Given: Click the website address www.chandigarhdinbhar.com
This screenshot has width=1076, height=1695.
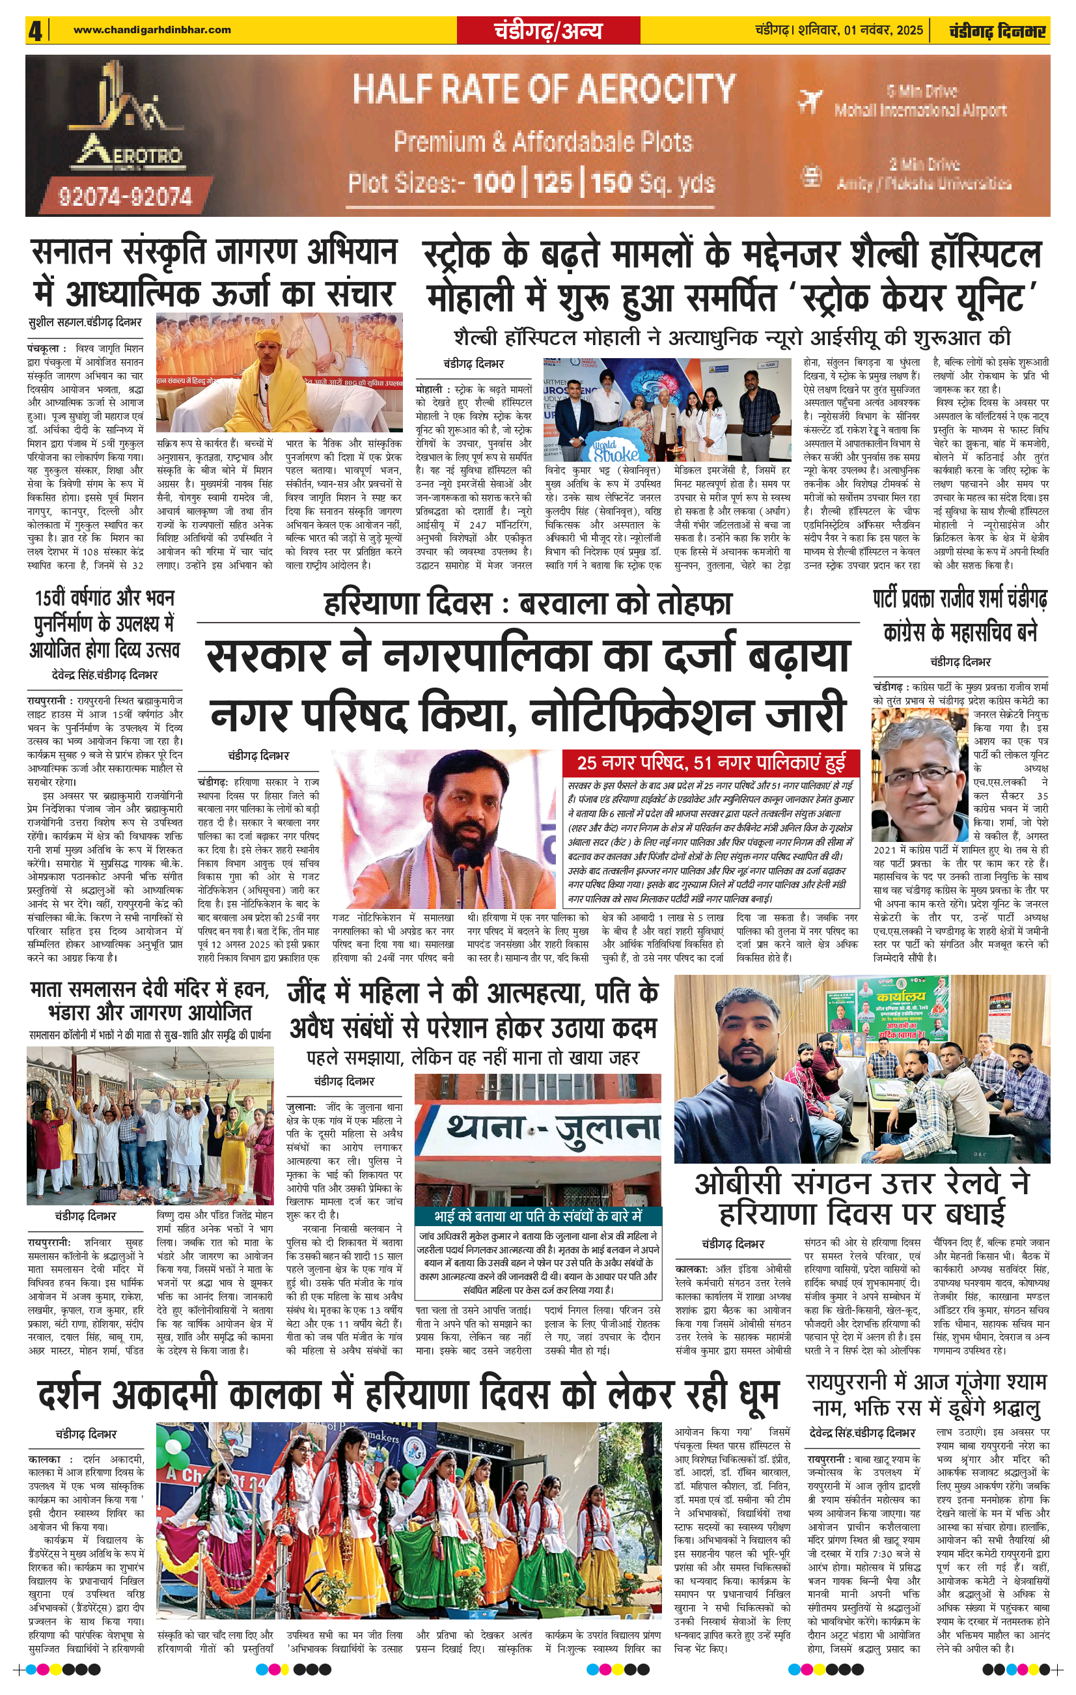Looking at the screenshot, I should coord(152,29).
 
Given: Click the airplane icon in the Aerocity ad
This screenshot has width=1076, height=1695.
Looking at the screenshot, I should coord(809,101).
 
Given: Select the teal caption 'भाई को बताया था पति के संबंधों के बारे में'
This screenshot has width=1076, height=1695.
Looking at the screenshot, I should coord(538,1216).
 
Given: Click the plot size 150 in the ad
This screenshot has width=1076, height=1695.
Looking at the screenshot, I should coord(613,183).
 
